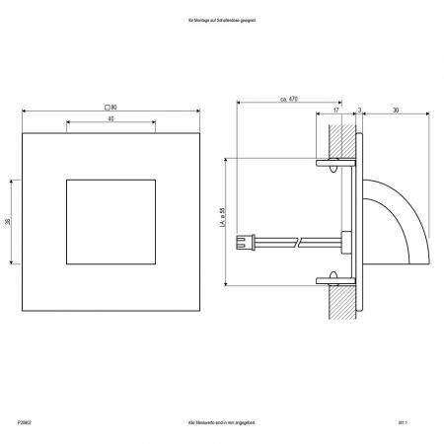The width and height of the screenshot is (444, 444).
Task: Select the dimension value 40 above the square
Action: (110, 118)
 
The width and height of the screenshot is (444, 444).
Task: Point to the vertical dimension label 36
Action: (9, 222)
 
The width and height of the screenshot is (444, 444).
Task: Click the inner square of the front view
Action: (111, 222)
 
